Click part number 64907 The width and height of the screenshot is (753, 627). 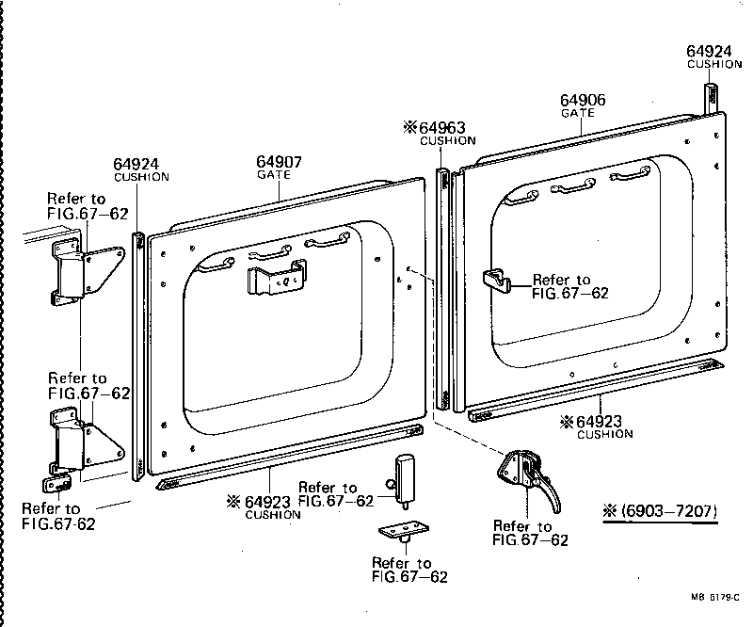click(x=280, y=162)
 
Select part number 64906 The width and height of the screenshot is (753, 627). click(x=583, y=101)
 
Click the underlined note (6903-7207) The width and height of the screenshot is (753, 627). click(x=660, y=512)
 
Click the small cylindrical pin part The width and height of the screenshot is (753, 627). click(x=406, y=476)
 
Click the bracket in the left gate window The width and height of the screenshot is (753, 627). click(x=276, y=279)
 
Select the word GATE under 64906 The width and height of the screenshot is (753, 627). click(x=578, y=114)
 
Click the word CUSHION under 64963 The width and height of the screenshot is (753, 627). click(x=448, y=141)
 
